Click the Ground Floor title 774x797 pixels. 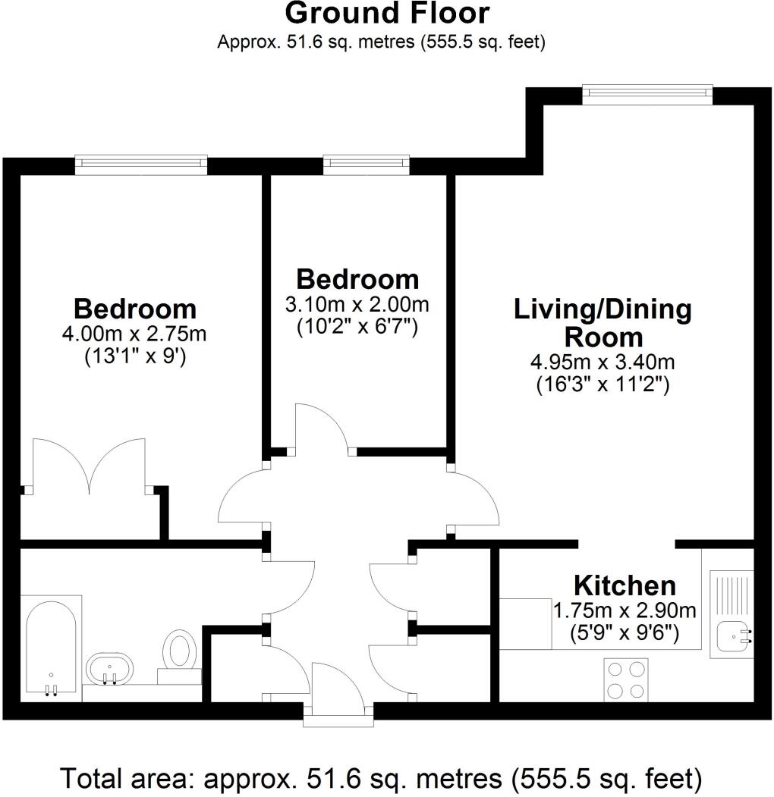click(387, 14)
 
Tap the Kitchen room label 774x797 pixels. click(625, 585)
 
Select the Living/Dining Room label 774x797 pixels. click(603, 323)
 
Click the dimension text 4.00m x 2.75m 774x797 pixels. click(135, 334)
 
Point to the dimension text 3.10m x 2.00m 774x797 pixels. click(357, 305)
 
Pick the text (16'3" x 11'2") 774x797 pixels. click(603, 384)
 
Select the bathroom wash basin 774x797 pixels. click(109, 669)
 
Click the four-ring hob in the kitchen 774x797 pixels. click(626, 679)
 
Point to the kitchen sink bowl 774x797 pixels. click(732, 635)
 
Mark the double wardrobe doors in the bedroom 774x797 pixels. click(90, 466)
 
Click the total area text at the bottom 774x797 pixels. click(380, 778)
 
